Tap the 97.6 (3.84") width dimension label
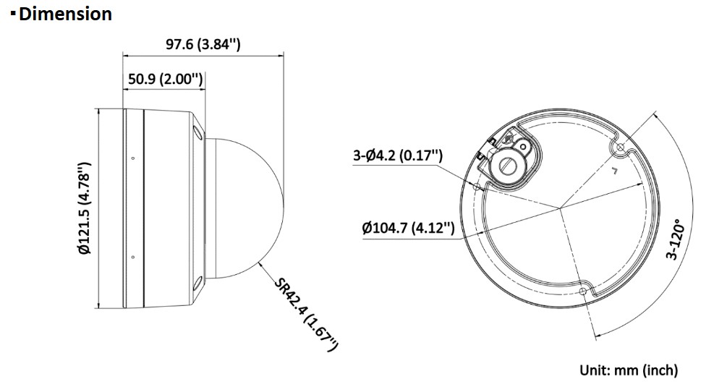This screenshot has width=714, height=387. pos(203,44)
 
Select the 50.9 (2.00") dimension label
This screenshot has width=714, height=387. pos(165,79)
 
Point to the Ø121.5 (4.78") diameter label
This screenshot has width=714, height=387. pos(85,208)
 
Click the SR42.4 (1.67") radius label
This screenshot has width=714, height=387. pos(307,314)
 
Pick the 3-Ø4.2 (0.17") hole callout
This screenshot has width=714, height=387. pos(398,156)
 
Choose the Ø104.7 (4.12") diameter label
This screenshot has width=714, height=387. pos(408,227)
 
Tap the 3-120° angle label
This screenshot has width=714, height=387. pos(675,239)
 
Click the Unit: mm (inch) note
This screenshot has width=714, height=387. pos(629,370)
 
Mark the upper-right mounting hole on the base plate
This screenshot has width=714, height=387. pos(620,147)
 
